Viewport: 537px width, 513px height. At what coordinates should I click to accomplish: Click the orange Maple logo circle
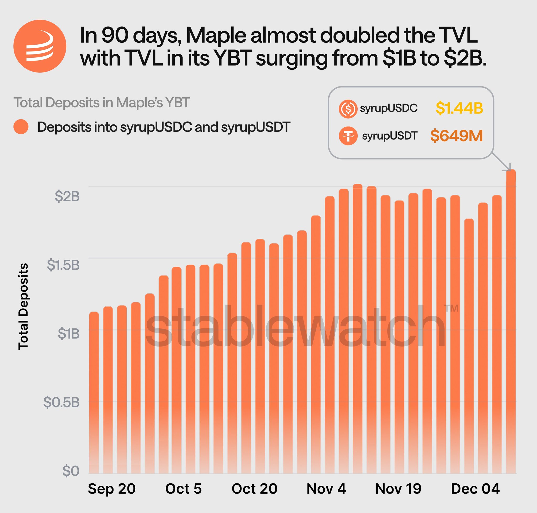click(40, 46)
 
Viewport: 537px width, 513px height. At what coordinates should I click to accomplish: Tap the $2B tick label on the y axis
click(67, 196)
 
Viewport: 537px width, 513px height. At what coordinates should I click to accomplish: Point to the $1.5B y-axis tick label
click(63, 265)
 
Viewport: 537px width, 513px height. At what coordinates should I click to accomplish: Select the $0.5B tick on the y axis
click(61, 402)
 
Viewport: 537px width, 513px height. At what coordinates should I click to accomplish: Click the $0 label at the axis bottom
click(71, 471)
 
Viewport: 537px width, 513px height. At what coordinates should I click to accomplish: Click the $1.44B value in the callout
click(459, 108)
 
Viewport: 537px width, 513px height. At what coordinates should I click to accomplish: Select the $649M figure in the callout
click(456, 136)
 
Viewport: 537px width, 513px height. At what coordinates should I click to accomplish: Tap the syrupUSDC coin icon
click(348, 109)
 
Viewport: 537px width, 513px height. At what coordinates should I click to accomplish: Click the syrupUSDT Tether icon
click(348, 136)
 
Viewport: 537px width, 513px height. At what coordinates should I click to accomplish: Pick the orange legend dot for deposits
click(21, 127)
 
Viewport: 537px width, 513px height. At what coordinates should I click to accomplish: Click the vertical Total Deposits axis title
click(23, 306)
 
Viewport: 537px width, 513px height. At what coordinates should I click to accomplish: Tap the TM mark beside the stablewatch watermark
click(451, 308)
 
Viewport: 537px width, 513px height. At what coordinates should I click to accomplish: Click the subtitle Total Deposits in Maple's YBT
click(101, 102)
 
